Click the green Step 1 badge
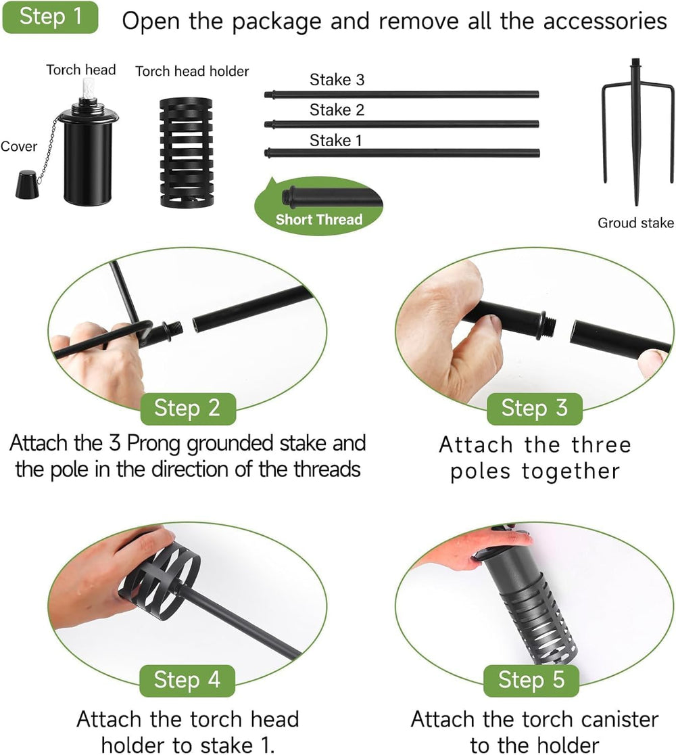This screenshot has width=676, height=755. [50, 17]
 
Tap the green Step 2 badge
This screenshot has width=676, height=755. [188, 409]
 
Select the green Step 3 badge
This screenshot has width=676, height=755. [535, 409]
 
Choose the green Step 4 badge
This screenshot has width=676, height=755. [187, 681]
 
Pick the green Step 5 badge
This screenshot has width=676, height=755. [531, 681]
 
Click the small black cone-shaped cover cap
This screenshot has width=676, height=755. [26, 184]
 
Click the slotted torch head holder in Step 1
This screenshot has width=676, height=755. [186, 153]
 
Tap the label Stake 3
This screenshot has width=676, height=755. [337, 79]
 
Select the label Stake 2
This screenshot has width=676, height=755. [337, 110]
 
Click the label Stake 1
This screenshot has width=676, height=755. [335, 140]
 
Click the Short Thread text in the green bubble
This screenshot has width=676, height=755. [319, 220]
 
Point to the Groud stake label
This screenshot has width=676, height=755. [635, 223]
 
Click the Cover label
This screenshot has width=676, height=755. [18, 146]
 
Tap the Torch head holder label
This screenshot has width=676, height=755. [192, 71]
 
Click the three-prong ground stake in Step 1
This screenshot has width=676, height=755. [637, 130]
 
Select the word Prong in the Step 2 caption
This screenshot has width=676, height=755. [154, 444]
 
